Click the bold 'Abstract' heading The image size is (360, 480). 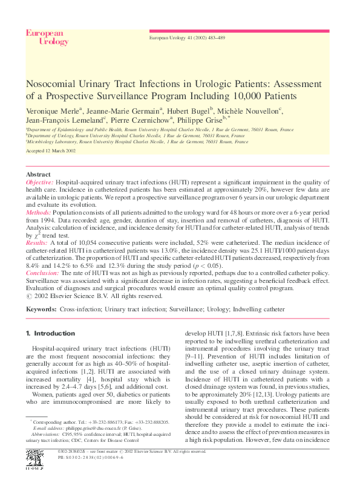pyautogui.click(x=38, y=174)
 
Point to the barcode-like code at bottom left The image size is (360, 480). pyautogui.click(x=34, y=459)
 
